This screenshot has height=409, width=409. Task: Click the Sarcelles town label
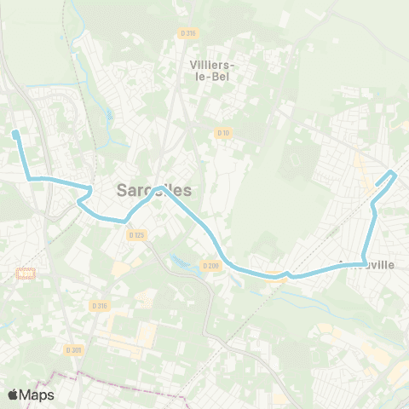154,192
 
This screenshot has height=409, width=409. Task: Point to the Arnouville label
366,265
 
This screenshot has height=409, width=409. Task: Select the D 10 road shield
223,133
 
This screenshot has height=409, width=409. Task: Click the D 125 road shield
135,234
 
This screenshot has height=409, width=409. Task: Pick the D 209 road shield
210,267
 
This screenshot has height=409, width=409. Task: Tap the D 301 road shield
73,349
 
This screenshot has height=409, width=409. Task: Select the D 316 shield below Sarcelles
100,304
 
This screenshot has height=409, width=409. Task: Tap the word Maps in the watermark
38,395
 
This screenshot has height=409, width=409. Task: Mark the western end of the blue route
15,133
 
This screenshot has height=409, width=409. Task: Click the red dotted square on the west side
26,274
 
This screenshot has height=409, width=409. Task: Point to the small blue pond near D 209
178,260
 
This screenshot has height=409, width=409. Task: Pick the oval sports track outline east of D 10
296,160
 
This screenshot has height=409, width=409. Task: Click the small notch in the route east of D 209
290,274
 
